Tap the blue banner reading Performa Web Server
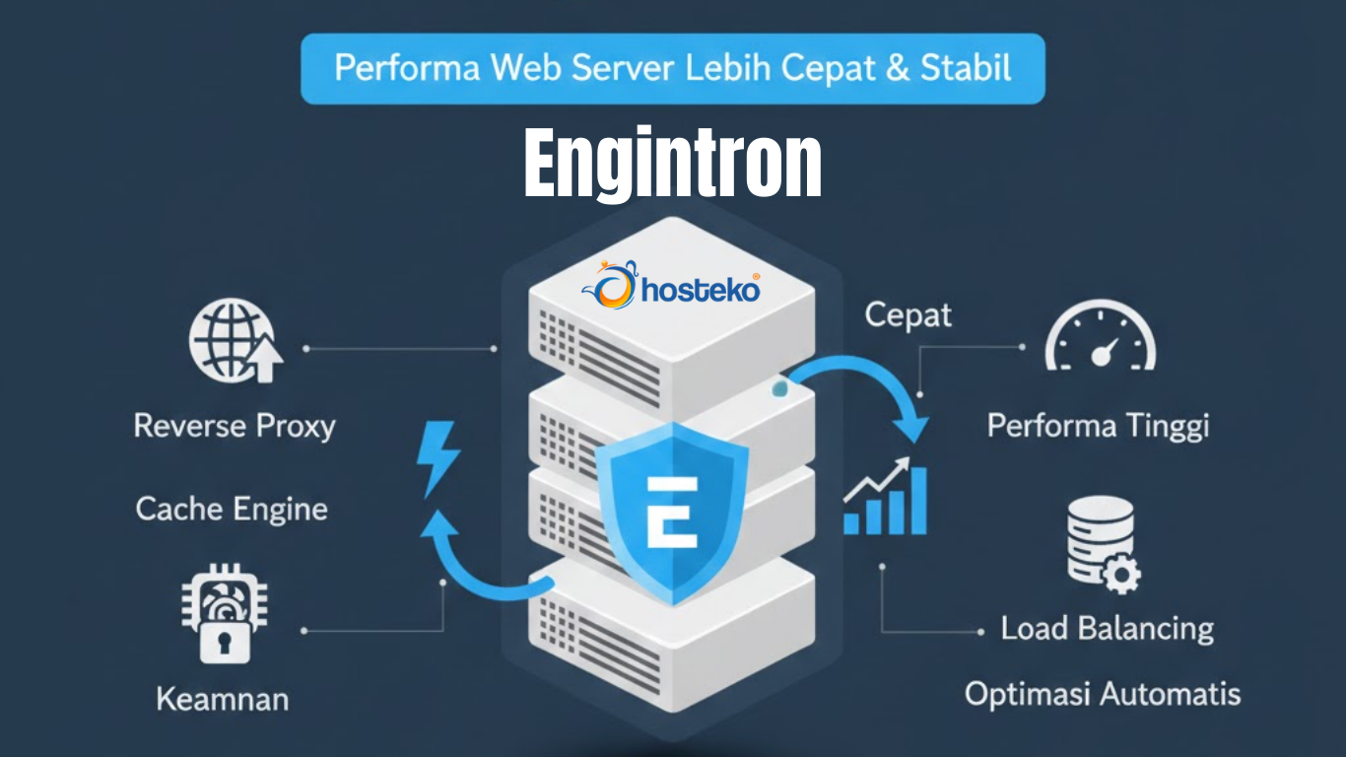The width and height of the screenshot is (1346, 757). click(672, 68)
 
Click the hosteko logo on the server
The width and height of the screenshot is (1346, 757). click(672, 288)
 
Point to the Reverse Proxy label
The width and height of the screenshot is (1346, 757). click(235, 426)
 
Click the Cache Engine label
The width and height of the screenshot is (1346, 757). click(232, 509)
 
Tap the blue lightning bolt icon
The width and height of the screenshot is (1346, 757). click(437, 458)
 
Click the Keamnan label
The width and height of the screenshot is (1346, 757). click(223, 699)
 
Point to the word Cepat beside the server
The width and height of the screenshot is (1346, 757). click(908, 315)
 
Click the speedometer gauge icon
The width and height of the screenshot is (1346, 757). click(1100, 341)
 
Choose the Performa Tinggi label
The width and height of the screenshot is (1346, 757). click(1098, 426)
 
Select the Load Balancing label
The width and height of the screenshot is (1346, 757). click(1108, 628)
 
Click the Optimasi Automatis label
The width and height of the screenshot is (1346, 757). click(1102, 693)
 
